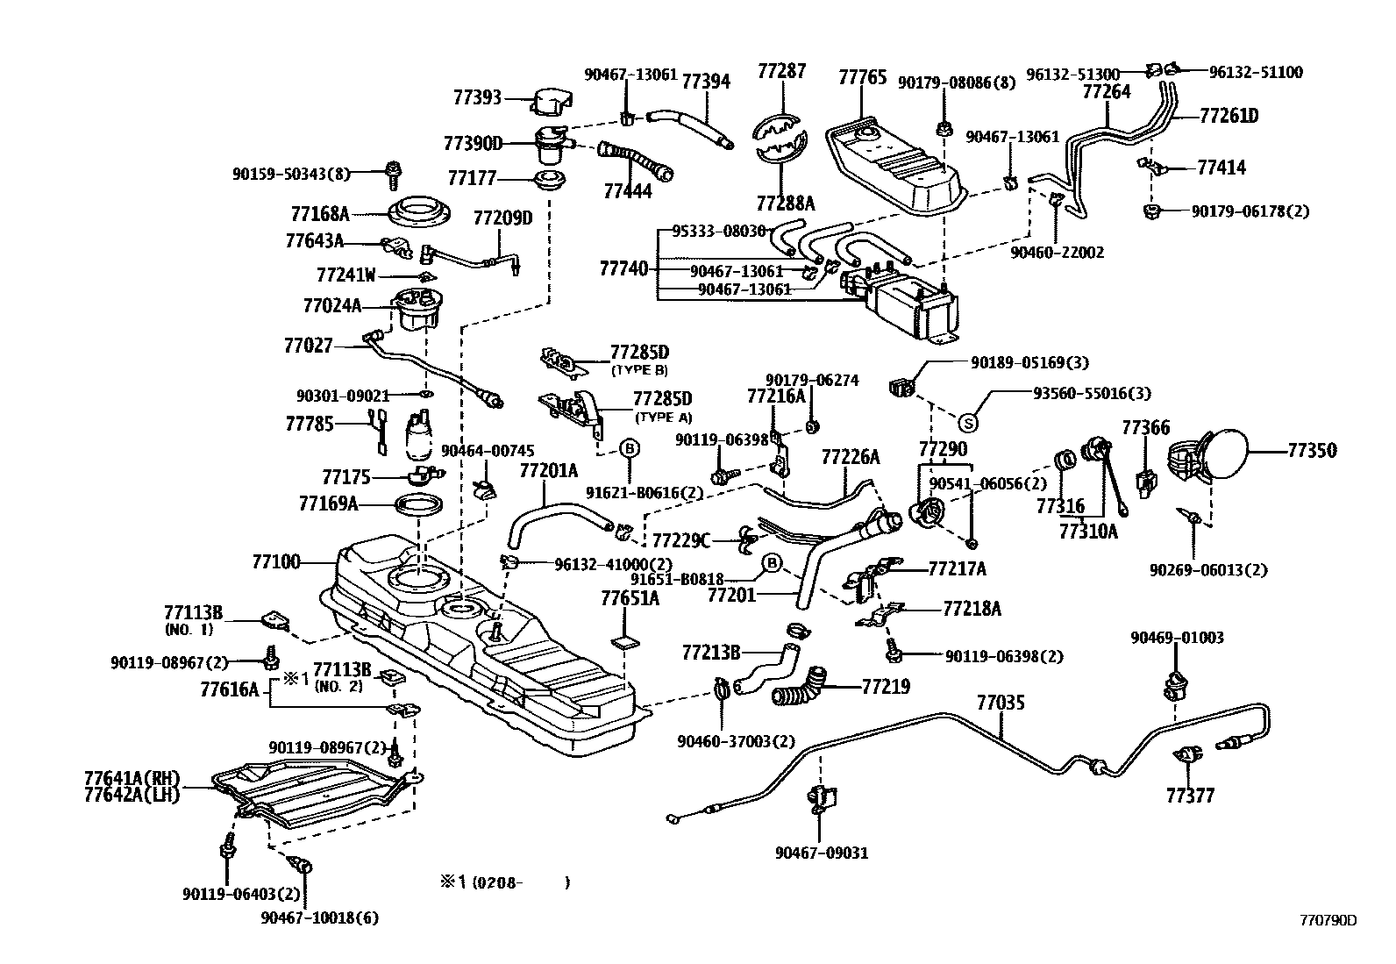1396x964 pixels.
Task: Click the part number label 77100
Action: pos(276,561)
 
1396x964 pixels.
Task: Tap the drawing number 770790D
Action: pos(1328,920)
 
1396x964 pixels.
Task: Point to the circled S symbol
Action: pos(968,424)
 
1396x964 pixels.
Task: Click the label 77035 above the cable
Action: pos(1001,703)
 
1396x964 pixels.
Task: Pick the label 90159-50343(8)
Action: pos(290,175)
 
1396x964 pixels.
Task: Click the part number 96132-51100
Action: pos(1256,73)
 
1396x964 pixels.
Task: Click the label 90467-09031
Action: pos(822,852)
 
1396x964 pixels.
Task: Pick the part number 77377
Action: pos(1190,796)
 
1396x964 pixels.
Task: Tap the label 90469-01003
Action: pos(1177,638)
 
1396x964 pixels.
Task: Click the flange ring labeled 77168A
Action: pos(419,213)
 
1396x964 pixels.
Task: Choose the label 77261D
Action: pos(1229,116)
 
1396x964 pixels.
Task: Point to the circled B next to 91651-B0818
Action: pos(772,562)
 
